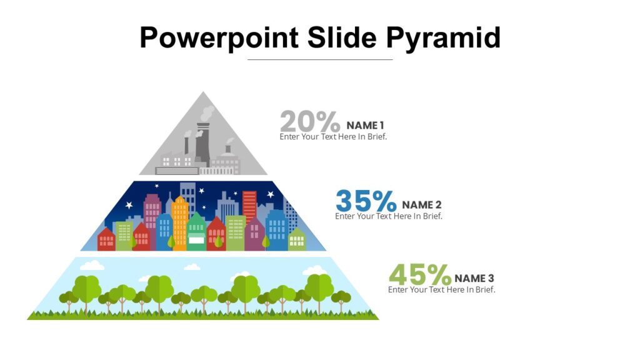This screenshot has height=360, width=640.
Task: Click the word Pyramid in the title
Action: (443, 37)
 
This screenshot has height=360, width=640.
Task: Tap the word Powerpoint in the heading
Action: (219, 37)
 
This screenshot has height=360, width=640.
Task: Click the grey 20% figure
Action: (310, 121)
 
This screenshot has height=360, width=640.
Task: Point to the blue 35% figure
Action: (366, 201)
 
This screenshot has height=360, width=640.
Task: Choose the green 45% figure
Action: (419, 275)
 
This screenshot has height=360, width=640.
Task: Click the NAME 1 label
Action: (365, 126)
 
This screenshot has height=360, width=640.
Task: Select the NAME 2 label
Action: (422, 205)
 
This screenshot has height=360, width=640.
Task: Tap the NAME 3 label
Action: (474, 279)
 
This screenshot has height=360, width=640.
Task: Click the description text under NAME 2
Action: (388, 216)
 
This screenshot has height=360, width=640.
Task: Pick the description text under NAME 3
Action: (441, 289)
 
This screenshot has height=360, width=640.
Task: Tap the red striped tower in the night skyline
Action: (249, 206)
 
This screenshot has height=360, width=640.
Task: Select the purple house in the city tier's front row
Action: (254, 235)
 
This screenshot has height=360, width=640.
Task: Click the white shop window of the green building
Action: (196, 239)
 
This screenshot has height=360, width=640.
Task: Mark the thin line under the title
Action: (320, 60)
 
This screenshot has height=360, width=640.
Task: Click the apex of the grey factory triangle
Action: (202, 94)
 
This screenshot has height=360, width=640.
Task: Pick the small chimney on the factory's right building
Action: (228, 149)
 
